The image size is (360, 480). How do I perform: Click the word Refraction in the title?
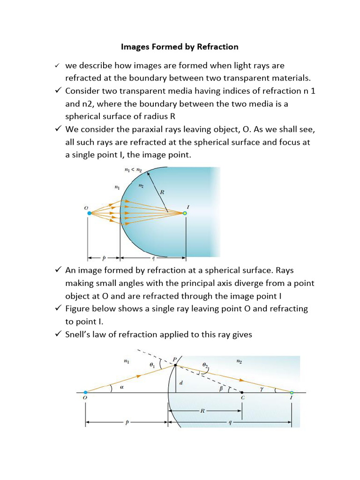(217, 46)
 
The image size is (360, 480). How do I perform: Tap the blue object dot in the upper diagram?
(89, 213)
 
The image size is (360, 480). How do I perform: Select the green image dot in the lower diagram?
(292, 392)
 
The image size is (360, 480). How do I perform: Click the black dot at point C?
(242, 392)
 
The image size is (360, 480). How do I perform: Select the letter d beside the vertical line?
(180, 382)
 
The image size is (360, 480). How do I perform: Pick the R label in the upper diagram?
(162, 191)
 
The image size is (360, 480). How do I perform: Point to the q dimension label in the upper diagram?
(153, 258)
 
